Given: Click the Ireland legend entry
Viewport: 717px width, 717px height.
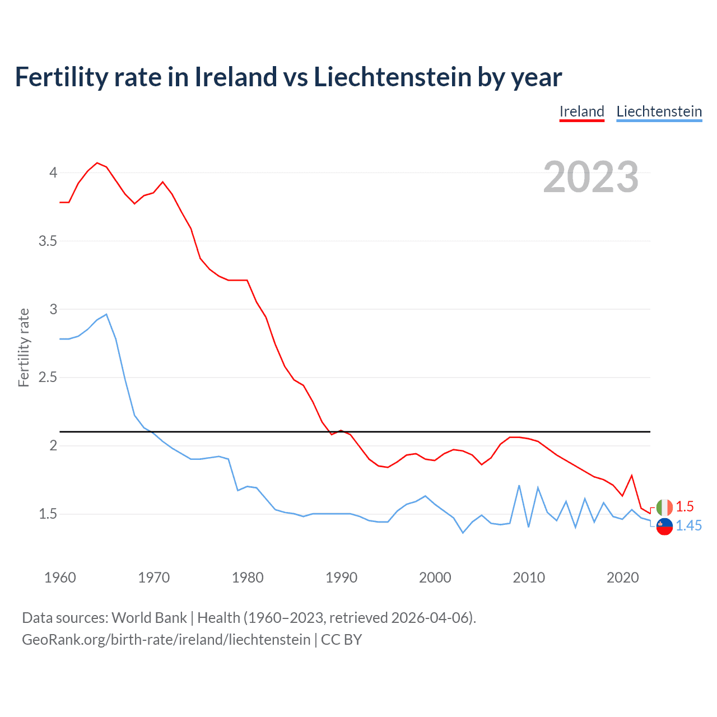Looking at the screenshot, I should pyautogui.click(x=581, y=111).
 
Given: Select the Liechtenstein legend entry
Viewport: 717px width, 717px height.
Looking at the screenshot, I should pyautogui.click(x=659, y=111).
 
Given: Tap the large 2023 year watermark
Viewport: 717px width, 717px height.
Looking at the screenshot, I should pyautogui.click(x=590, y=177).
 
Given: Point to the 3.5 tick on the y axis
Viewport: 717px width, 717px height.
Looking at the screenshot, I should pyautogui.click(x=48, y=241).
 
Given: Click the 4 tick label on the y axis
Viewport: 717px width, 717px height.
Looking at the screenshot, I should pyautogui.click(x=53, y=173).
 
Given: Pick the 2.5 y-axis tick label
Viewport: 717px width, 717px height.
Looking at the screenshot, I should pyautogui.click(x=48, y=378).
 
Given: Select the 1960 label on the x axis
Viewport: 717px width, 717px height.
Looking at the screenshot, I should pyautogui.click(x=60, y=578).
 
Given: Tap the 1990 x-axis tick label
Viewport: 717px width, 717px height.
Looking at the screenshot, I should pyautogui.click(x=341, y=578).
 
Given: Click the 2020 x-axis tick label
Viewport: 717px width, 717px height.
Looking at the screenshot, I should pyautogui.click(x=622, y=578).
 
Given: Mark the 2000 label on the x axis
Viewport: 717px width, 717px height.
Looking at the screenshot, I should pyautogui.click(x=435, y=578).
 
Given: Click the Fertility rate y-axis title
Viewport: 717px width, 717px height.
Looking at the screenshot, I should pyautogui.click(x=24, y=347).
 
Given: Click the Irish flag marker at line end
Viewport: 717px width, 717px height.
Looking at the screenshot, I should pyautogui.click(x=664, y=508).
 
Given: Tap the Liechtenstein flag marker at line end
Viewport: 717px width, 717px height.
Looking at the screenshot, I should pyautogui.click(x=664, y=526).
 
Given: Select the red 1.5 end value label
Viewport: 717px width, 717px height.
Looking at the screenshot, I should pyautogui.click(x=685, y=506).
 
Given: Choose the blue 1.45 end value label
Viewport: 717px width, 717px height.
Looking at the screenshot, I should pyautogui.click(x=688, y=525).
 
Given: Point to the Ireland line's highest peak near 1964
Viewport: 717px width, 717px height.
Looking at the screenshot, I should pyautogui.click(x=97, y=163).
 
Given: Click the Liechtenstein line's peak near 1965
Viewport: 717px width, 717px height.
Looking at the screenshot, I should pyautogui.click(x=106, y=314).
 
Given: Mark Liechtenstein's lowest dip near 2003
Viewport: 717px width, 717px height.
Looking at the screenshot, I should pyautogui.click(x=463, y=533).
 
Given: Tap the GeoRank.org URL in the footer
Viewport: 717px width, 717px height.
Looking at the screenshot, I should pyautogui.click(x=166, y=640).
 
